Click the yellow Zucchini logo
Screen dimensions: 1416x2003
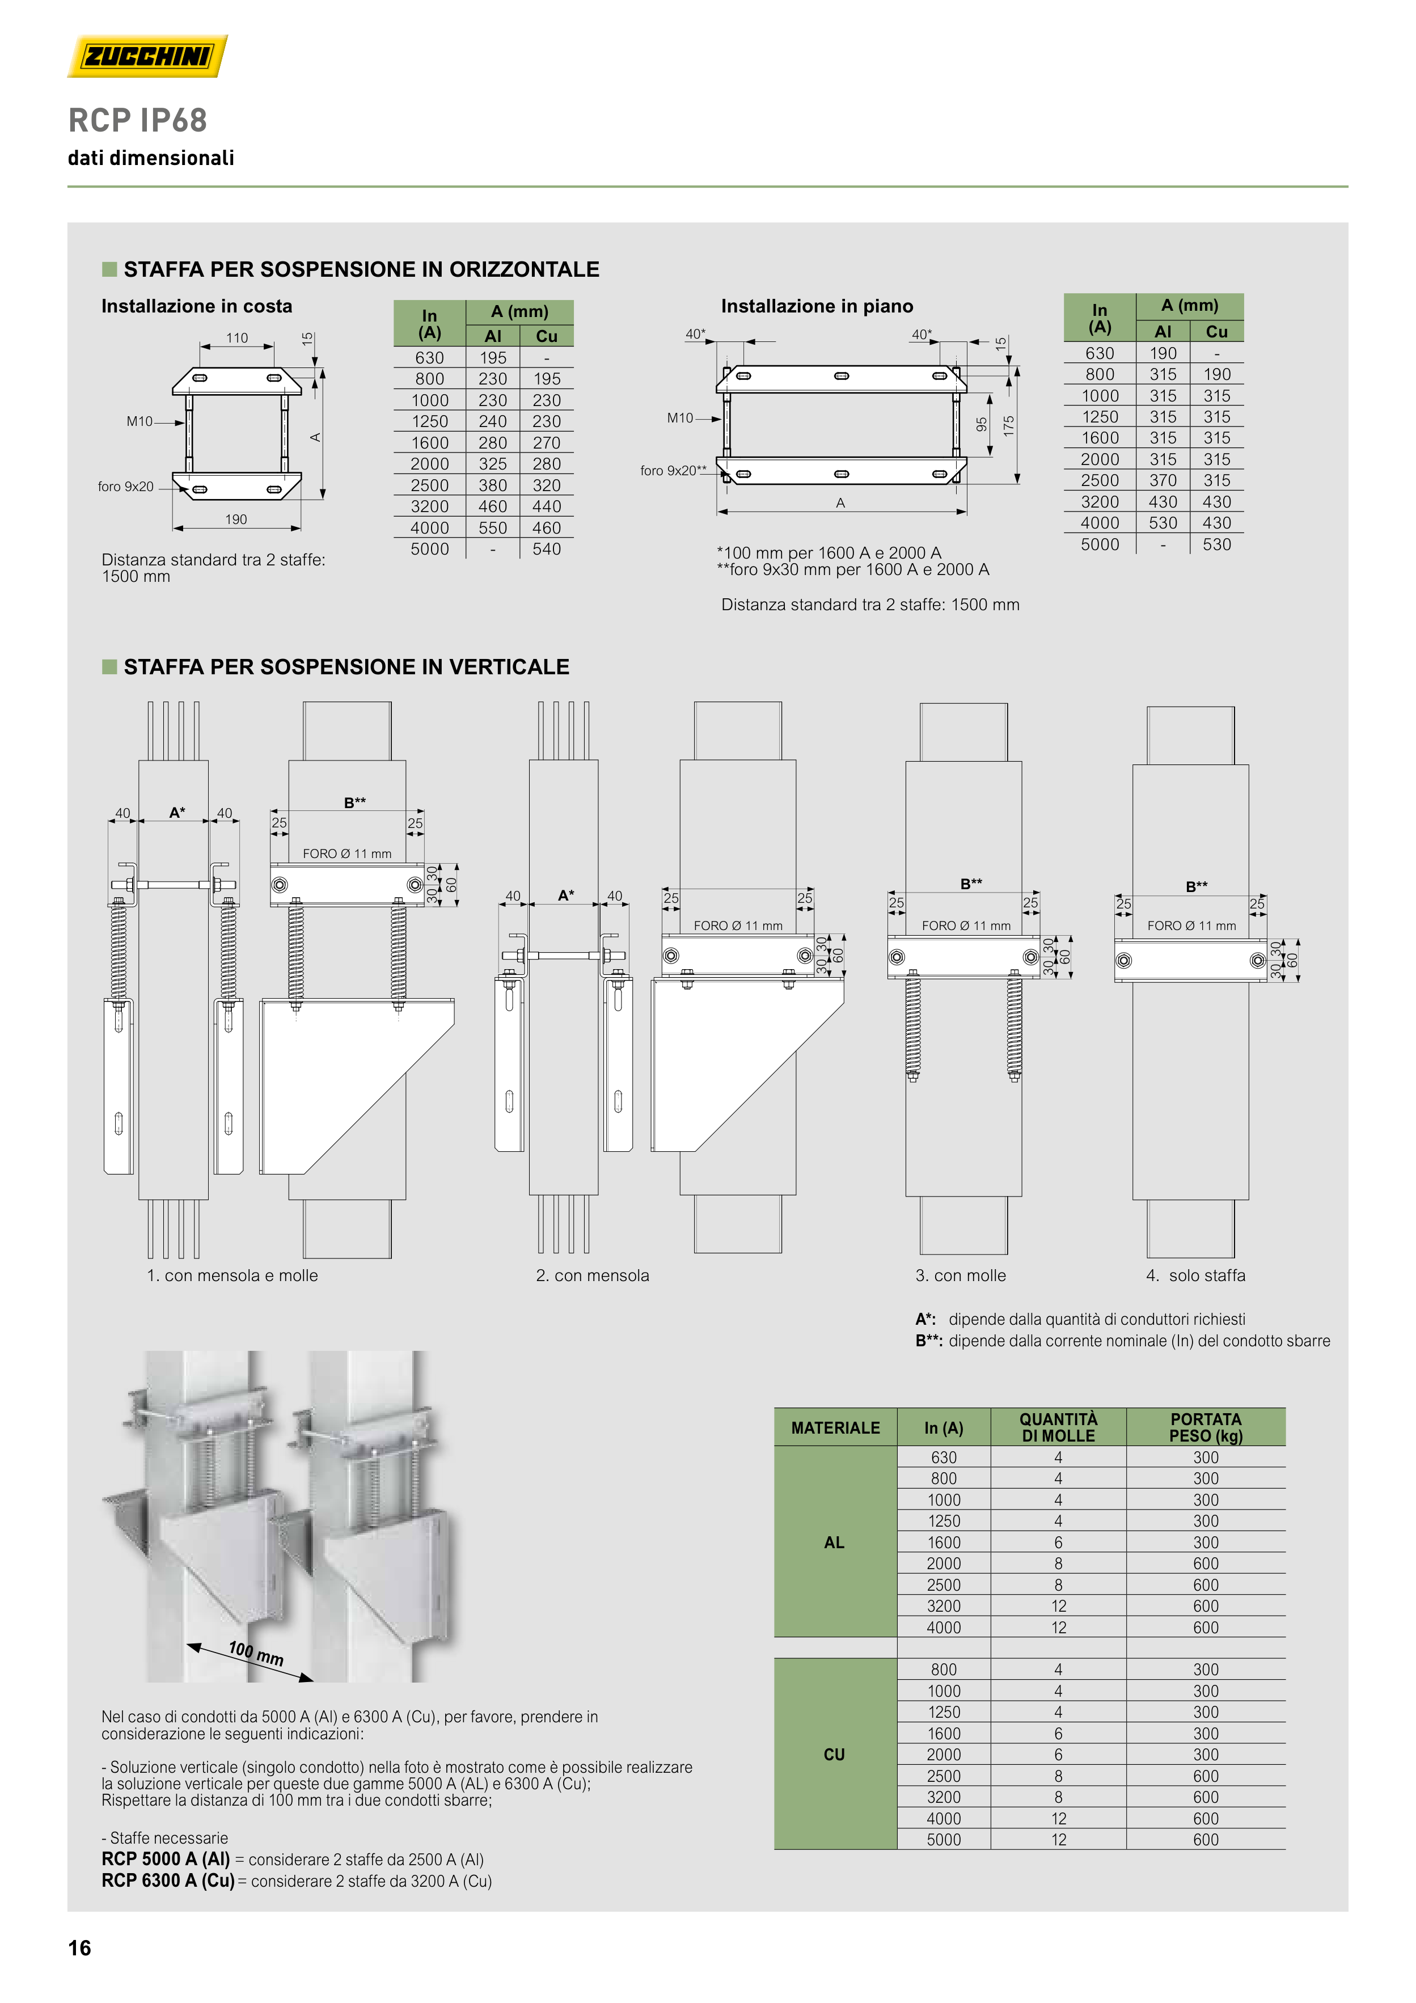tap(147, 56)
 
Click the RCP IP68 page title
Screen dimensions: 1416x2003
tap(138, 120)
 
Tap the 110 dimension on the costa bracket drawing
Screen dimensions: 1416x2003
tap(237, 337)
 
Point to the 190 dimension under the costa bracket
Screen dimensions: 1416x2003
tap(236, 519)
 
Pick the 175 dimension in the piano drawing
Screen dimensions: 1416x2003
tap(1009, 426)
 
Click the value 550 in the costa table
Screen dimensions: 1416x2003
tap(493, 528)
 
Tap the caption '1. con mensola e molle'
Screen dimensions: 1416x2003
tap(232, 1275)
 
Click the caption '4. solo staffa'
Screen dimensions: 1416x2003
tap(1195, 1275)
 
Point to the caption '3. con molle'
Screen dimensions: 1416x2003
tap(961, 1275)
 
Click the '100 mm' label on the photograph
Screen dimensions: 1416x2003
tap(256, 1653)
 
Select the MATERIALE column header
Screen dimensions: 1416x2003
tap(835, 1428)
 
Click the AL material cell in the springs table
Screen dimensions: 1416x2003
tap(834, 1543)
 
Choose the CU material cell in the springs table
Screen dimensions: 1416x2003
tap(834, 1755)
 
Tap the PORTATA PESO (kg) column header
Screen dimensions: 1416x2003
tap(1206, 1427)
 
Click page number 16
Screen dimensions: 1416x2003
tap(79, 1948)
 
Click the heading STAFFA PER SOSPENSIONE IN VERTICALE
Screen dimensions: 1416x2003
tap(346, 667)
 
